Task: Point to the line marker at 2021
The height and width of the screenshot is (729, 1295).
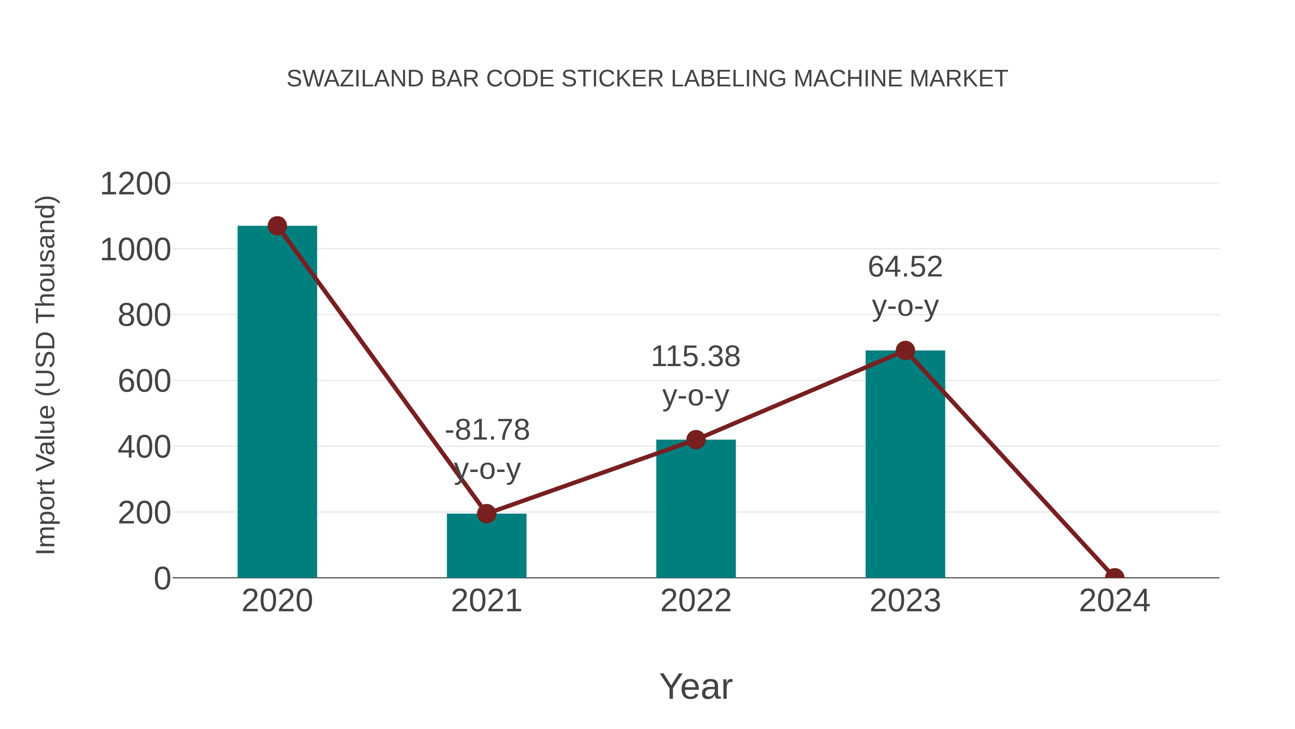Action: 486,514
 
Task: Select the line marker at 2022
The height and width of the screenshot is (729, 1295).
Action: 696,440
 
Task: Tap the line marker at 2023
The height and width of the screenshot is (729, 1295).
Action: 905,351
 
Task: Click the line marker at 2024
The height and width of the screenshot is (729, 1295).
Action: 1114,577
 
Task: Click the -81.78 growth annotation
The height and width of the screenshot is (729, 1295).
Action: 487,449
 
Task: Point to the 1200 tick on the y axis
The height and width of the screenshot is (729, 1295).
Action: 135,184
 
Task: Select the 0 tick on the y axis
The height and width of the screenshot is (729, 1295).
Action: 162,578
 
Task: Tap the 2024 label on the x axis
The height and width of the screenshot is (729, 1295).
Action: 1114,601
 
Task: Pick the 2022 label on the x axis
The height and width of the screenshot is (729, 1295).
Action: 696,601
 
